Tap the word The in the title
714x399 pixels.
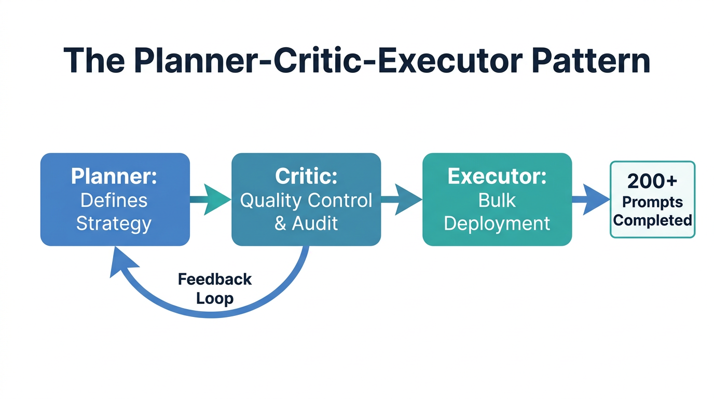click(x=93, y=61)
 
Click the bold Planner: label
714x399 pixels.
click(x=114, y=177)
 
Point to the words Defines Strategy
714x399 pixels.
click(x=114, y=212)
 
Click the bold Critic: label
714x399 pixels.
click(x=306, y=177)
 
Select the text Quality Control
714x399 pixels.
click(x=306, y=201)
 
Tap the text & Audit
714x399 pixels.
click(x=306, y=223)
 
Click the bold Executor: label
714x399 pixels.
click(x=497, y=177)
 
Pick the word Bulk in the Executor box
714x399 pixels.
click(x=497, y=201)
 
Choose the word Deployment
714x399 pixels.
click(x=497, y=223)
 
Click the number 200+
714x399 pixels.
click(x=652, y=181)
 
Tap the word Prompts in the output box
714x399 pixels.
click(x=652, y=202)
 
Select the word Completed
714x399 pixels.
click(x=652, y=220)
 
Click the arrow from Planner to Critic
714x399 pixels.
click(x=211, y=199)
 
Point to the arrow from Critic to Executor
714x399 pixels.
click(x=402, y=199)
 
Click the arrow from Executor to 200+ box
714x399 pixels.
click(x=592, y=199)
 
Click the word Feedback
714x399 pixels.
click(x=214, y=280)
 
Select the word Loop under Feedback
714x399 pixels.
click(x=214, y=299)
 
